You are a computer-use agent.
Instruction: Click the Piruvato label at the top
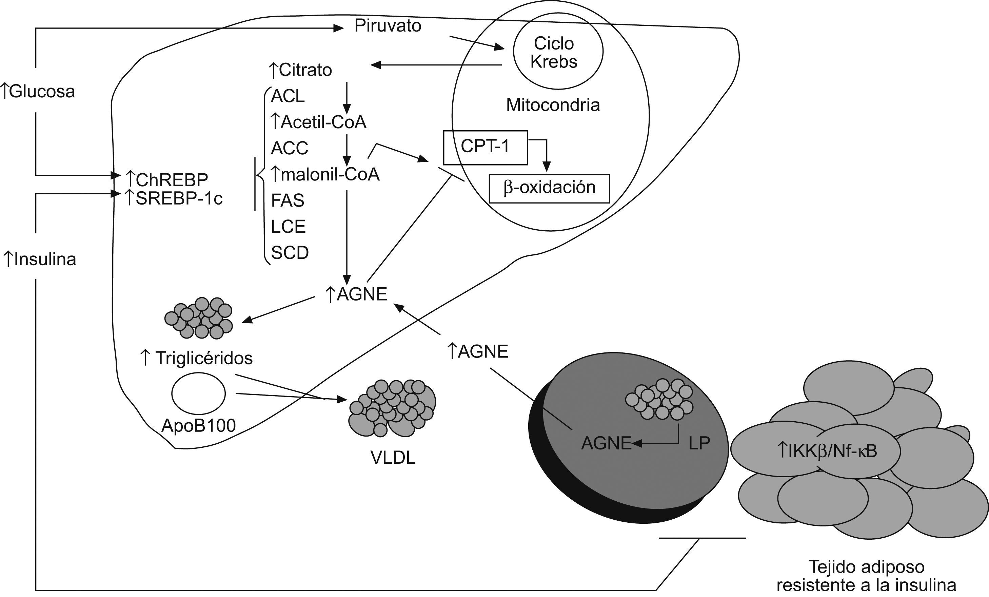[x=387, y=26]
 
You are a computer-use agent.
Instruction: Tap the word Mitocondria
[x=553, y=105]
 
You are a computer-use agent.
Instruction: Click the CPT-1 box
[x=485, y=147]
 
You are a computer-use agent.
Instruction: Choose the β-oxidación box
[x=549, y=188]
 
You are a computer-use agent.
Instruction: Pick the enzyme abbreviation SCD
[x=290, y=252]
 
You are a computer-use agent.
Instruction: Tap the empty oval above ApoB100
[x=198, y=393]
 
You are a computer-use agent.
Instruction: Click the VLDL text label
[x=393, y=458]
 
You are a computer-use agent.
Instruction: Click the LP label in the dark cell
[x=699, y=443]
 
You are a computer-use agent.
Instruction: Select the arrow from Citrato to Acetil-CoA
[x=347, y=98]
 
